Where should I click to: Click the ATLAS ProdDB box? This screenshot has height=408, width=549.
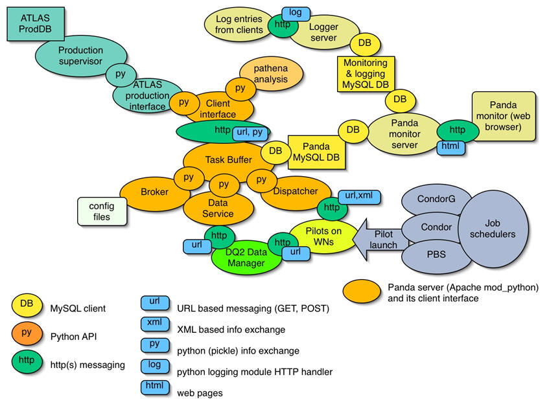[x=36, y=23]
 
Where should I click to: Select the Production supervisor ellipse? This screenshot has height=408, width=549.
[x=81, y=56]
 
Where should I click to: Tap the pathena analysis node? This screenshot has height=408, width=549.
[x=272, y=74]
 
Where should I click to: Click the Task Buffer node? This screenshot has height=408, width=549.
[x=229, y=160]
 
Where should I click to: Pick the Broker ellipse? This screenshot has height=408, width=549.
[x=154, y=192]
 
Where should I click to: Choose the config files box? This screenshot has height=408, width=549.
[x=102, y=211]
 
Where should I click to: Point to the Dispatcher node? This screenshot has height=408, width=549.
[x=296, y=192]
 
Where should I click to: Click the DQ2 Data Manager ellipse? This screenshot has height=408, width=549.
[x=246, y=258]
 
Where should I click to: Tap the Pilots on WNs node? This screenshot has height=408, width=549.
[x=323, y=236]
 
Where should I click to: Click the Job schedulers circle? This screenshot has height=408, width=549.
[x=493, y=229]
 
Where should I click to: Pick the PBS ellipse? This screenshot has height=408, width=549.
[x=436, y=255]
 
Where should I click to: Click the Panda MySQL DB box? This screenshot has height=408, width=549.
[x=316, y=152]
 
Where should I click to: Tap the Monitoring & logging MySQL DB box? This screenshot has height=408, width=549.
[x=366, y=74]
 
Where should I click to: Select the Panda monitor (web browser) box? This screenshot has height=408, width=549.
[x=504, y=116]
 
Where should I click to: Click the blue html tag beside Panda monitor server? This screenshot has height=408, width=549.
[x=450, y=146]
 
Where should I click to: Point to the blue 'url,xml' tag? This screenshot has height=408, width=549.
[x=359, y=196]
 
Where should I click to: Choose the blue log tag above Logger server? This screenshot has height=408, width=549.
[x=296, y=14]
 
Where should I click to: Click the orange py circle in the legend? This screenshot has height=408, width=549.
[x=27, y=334]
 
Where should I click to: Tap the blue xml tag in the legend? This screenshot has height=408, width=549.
[x=155, y=324]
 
